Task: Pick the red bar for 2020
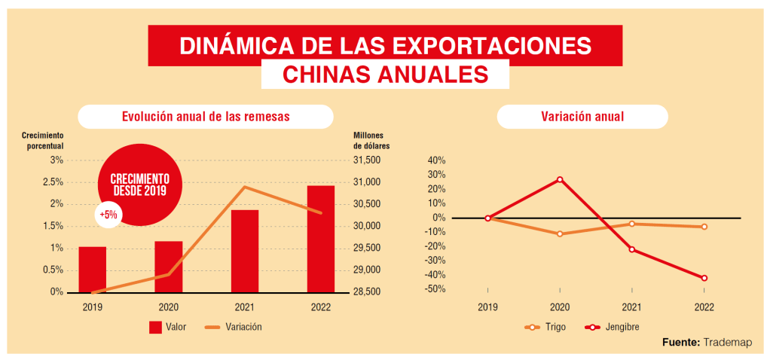169,267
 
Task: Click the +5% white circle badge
108,215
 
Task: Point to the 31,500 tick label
368,160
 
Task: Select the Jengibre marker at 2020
560,179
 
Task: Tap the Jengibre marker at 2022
704,278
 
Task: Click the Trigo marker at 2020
560,233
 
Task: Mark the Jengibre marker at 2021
632,249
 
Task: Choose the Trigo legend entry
545,327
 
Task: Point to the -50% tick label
436,289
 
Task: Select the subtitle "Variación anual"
582,117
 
